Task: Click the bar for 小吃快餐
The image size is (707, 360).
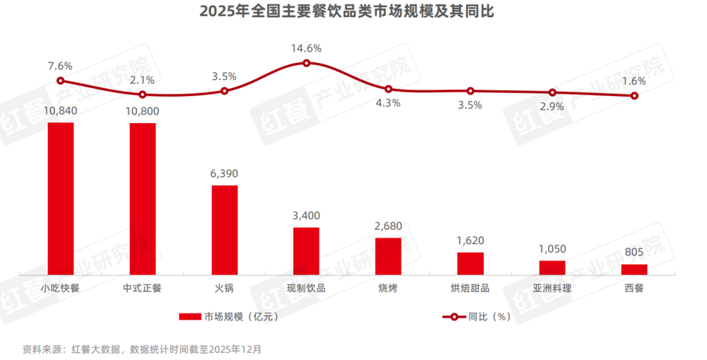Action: (61, 198)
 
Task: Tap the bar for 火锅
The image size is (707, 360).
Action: (225, 230)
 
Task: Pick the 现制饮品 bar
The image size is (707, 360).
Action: (306, 250)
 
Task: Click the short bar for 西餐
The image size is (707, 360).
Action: (634, 269)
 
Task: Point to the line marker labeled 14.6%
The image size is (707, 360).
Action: (306, 63)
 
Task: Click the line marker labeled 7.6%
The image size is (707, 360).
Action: (61, 81)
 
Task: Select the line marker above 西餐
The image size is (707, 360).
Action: (634, 95)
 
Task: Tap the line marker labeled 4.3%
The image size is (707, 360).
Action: (388, 89)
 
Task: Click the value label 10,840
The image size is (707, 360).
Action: (61, 110)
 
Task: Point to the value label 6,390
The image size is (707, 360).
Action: (225, 173)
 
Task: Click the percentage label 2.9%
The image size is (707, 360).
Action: (552, 106)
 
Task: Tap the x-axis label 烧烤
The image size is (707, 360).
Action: (388, 289)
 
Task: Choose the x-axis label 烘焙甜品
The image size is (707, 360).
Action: (470, 289)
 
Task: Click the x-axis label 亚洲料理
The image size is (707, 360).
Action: (552, 289)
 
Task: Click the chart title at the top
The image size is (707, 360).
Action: (353, 12)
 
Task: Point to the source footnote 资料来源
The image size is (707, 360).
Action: (141, 349)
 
